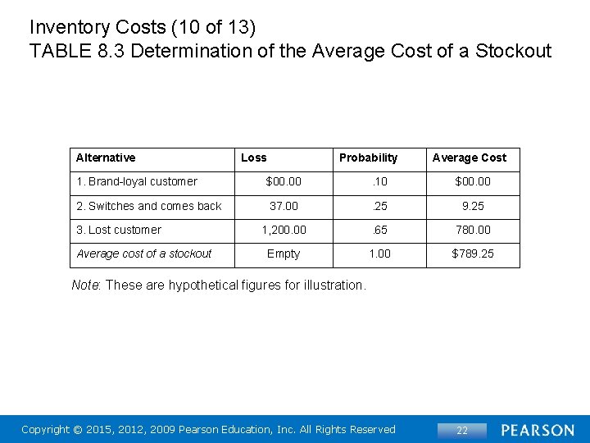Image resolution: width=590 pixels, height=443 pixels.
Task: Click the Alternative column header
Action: (106, 158)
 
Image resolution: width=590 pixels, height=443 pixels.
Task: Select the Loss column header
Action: (253, 158)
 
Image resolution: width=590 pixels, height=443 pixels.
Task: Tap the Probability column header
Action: (368, 158)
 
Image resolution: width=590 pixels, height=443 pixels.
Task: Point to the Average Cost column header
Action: (470, 158)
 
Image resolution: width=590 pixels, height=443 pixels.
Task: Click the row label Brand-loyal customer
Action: (137, 181)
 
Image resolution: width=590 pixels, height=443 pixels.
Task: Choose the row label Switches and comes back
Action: (149, 206)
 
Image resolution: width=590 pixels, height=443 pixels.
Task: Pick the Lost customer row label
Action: (119, 230)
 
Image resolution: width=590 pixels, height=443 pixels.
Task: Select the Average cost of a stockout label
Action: (144, 253)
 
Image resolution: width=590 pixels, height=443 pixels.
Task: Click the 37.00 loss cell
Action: (284, 206)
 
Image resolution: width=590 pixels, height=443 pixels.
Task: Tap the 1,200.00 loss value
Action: (284, 230)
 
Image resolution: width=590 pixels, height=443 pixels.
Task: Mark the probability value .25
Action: (379, 206)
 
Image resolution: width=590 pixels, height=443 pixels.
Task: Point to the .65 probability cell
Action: (379, 230)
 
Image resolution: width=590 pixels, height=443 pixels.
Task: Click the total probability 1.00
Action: (379, 253)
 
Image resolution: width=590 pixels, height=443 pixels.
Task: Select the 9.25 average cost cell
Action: (473, 206)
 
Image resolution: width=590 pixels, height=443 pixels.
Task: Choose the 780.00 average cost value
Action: (473, 230)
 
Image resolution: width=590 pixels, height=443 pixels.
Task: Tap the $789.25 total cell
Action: (473, 253)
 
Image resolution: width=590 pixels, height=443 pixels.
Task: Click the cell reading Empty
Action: (284, 253)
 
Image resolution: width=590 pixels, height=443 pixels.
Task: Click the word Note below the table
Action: (85, 285)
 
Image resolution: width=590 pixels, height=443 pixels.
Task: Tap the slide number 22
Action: (462, 430)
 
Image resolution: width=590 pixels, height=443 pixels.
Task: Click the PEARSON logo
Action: (538, 430)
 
